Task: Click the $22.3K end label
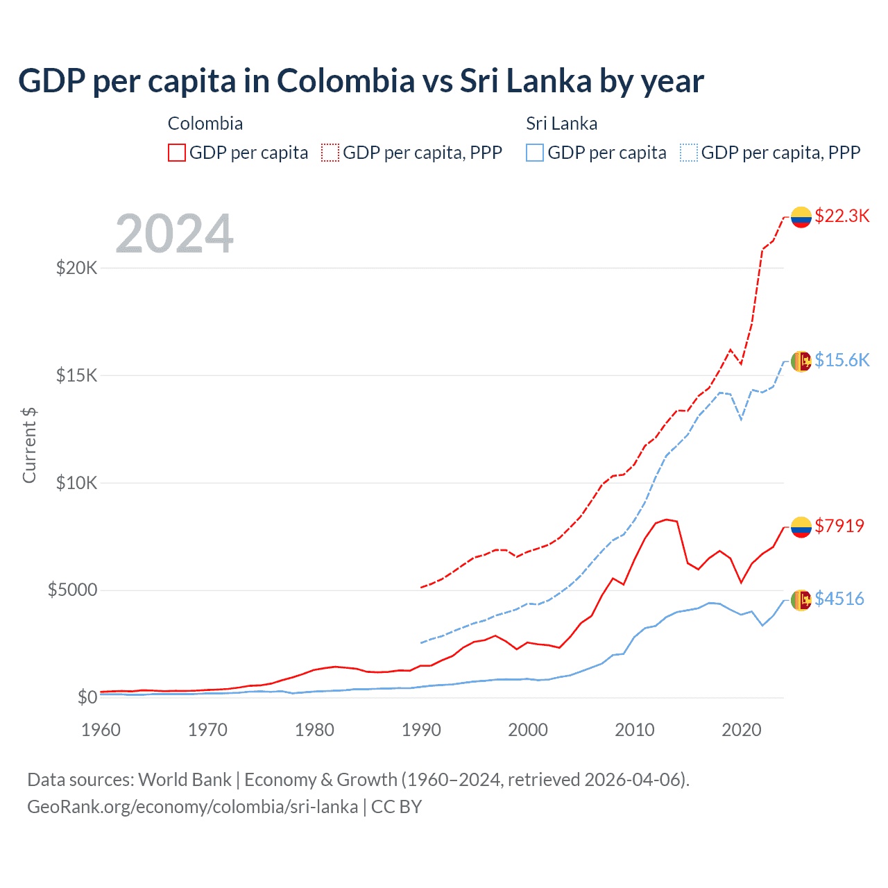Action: click(842, 216)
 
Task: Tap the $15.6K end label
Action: click(842, 360)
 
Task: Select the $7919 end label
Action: click(839, 526)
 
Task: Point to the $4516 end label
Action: click(839, 599)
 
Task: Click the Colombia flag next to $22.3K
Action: click(801, 217)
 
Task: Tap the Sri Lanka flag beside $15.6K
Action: click(801, 361)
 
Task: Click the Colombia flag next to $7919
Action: click(801, 527)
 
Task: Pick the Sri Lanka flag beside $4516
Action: click(801, 600)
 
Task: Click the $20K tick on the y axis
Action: click(76, 268)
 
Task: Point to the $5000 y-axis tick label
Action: click(72, 590)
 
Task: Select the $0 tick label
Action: click(87, 697)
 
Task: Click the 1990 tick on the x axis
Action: click(421, 730)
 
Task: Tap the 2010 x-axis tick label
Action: click(635, 730)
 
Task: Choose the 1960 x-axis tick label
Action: click(101, 730)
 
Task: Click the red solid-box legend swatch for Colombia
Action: click(177, 153)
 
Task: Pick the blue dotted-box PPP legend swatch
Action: click(689, 153)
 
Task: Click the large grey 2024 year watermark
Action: click(174, 234)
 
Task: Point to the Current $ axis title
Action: click(29, 445)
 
